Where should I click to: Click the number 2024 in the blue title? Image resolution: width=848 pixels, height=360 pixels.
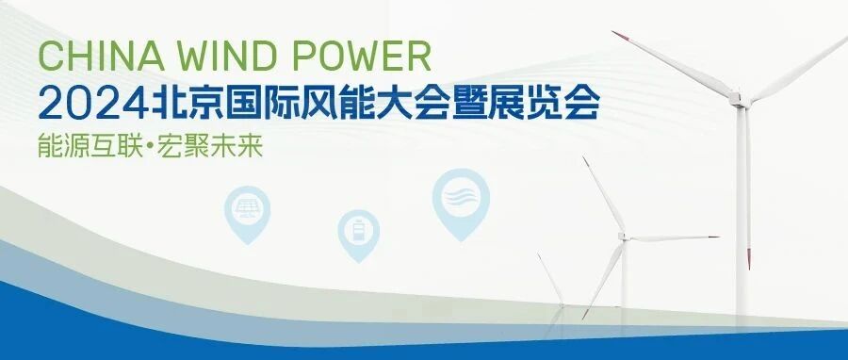93,103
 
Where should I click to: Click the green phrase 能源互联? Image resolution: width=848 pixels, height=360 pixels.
90,145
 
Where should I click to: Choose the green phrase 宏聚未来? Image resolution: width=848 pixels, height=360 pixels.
210,145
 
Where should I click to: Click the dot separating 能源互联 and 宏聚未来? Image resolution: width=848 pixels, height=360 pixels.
151,146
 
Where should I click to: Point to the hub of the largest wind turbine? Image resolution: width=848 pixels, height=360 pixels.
737,99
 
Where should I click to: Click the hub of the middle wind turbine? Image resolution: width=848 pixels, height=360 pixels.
624,237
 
